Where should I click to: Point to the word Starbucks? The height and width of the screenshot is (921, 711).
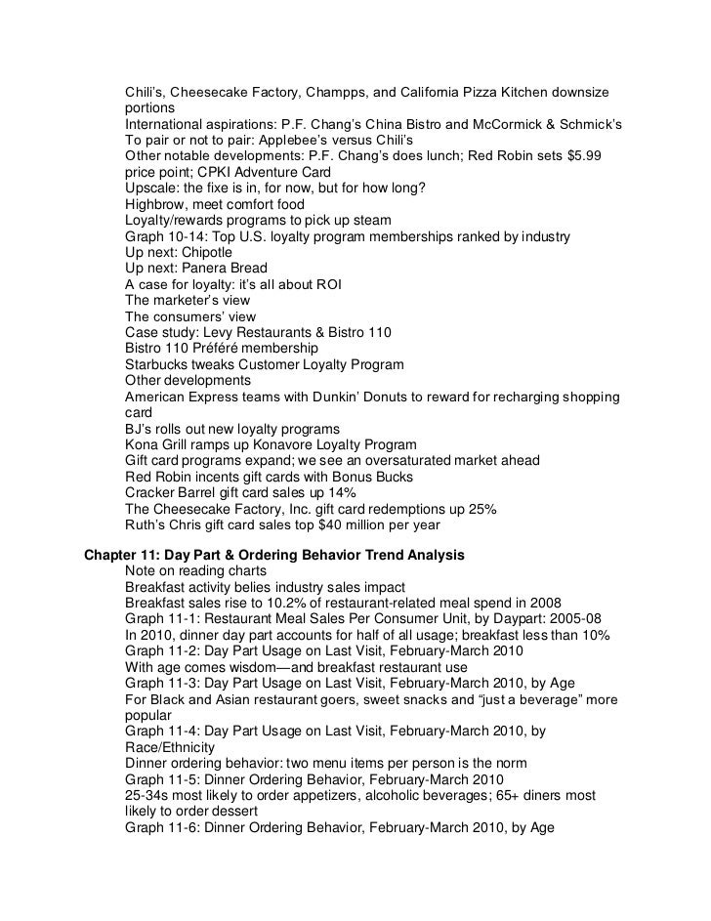coord(159,364)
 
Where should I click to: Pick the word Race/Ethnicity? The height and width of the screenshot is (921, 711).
coord(176,747)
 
